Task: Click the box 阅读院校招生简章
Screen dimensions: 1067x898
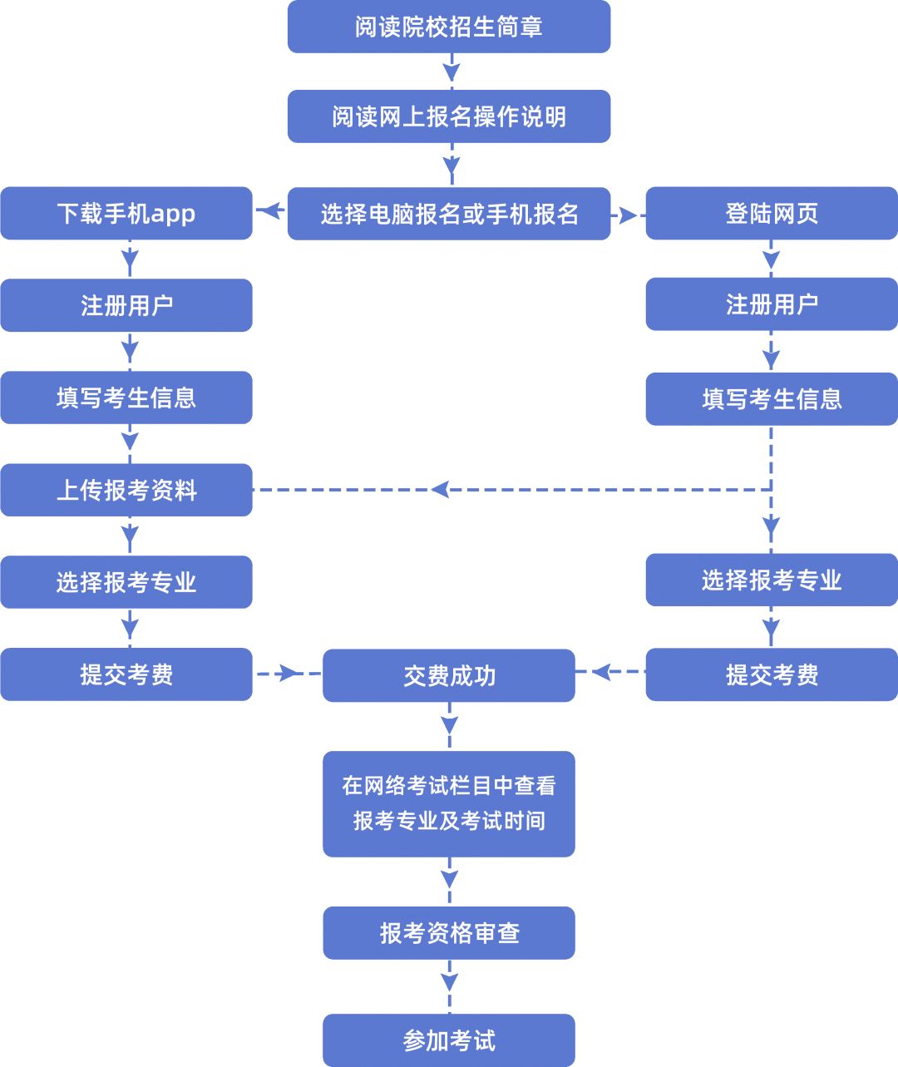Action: tap(449, 27)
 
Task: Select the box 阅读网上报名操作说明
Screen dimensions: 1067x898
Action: tap(449, 116)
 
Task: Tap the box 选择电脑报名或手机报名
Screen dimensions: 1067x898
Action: tap(449, 214)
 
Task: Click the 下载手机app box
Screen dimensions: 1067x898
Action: tap(126, 214)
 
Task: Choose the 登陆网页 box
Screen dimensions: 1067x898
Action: tap(772, 214)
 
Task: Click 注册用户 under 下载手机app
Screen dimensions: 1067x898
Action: tap(126, 305)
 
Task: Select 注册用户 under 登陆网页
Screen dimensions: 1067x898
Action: tap(772, 304)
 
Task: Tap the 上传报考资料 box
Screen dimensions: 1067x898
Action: tap(126, 490)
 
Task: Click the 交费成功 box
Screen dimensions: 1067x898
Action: tap(449, 675)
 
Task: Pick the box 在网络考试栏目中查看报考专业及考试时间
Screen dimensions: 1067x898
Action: tap(449, 803)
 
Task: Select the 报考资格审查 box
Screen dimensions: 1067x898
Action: tap(449, 933)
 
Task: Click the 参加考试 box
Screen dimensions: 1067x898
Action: tap(449, 1040)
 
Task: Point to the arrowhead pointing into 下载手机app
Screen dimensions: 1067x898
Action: tap(268, 211)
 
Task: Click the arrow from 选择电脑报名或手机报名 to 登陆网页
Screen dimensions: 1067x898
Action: tap(627, 215)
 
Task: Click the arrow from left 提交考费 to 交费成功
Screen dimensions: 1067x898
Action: tap(288, 673)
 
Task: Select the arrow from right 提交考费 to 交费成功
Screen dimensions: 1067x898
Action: tap(604, 672)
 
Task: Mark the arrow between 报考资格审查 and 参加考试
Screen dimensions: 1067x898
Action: tap(450, 983)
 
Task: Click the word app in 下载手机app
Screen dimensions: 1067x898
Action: tap(173, 215)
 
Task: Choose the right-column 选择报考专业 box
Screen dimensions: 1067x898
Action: tap(772, 580)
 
